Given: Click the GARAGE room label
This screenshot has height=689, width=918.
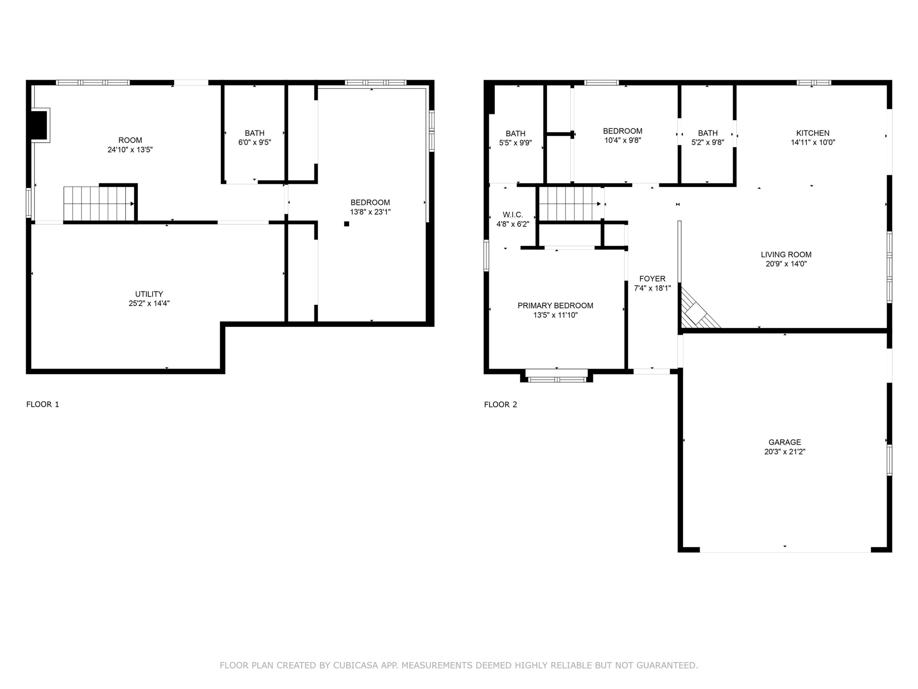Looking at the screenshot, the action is click(784, 442).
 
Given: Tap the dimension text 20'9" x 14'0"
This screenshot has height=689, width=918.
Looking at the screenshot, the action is click(786, 264).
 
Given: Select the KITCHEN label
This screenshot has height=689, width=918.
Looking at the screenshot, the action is click(813, 133).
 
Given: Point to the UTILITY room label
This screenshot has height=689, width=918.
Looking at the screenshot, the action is click(149, 294).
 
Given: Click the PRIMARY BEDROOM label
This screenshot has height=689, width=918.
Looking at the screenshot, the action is click(555, 306).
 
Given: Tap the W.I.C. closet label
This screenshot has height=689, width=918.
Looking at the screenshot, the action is click(512, 215).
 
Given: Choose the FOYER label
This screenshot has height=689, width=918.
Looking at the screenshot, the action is click(652, 279).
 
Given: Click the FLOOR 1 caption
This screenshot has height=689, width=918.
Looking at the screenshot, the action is click(43, 404).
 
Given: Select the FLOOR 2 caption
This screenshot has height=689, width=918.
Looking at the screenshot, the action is click(501, 404).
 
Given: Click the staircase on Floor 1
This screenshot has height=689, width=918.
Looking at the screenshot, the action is click(99, 203).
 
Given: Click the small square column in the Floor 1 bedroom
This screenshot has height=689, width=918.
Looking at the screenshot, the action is click(346, 224).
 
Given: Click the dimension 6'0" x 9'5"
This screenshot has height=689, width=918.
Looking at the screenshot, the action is click(254, 142).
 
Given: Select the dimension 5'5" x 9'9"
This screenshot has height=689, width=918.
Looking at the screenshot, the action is click(515, 143).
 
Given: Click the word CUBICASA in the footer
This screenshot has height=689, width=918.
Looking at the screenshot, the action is click(356, 665).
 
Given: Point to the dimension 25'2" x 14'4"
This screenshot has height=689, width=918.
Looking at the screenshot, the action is click(149, 304).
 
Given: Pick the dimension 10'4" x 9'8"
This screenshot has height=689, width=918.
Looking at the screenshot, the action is click(623, 140).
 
